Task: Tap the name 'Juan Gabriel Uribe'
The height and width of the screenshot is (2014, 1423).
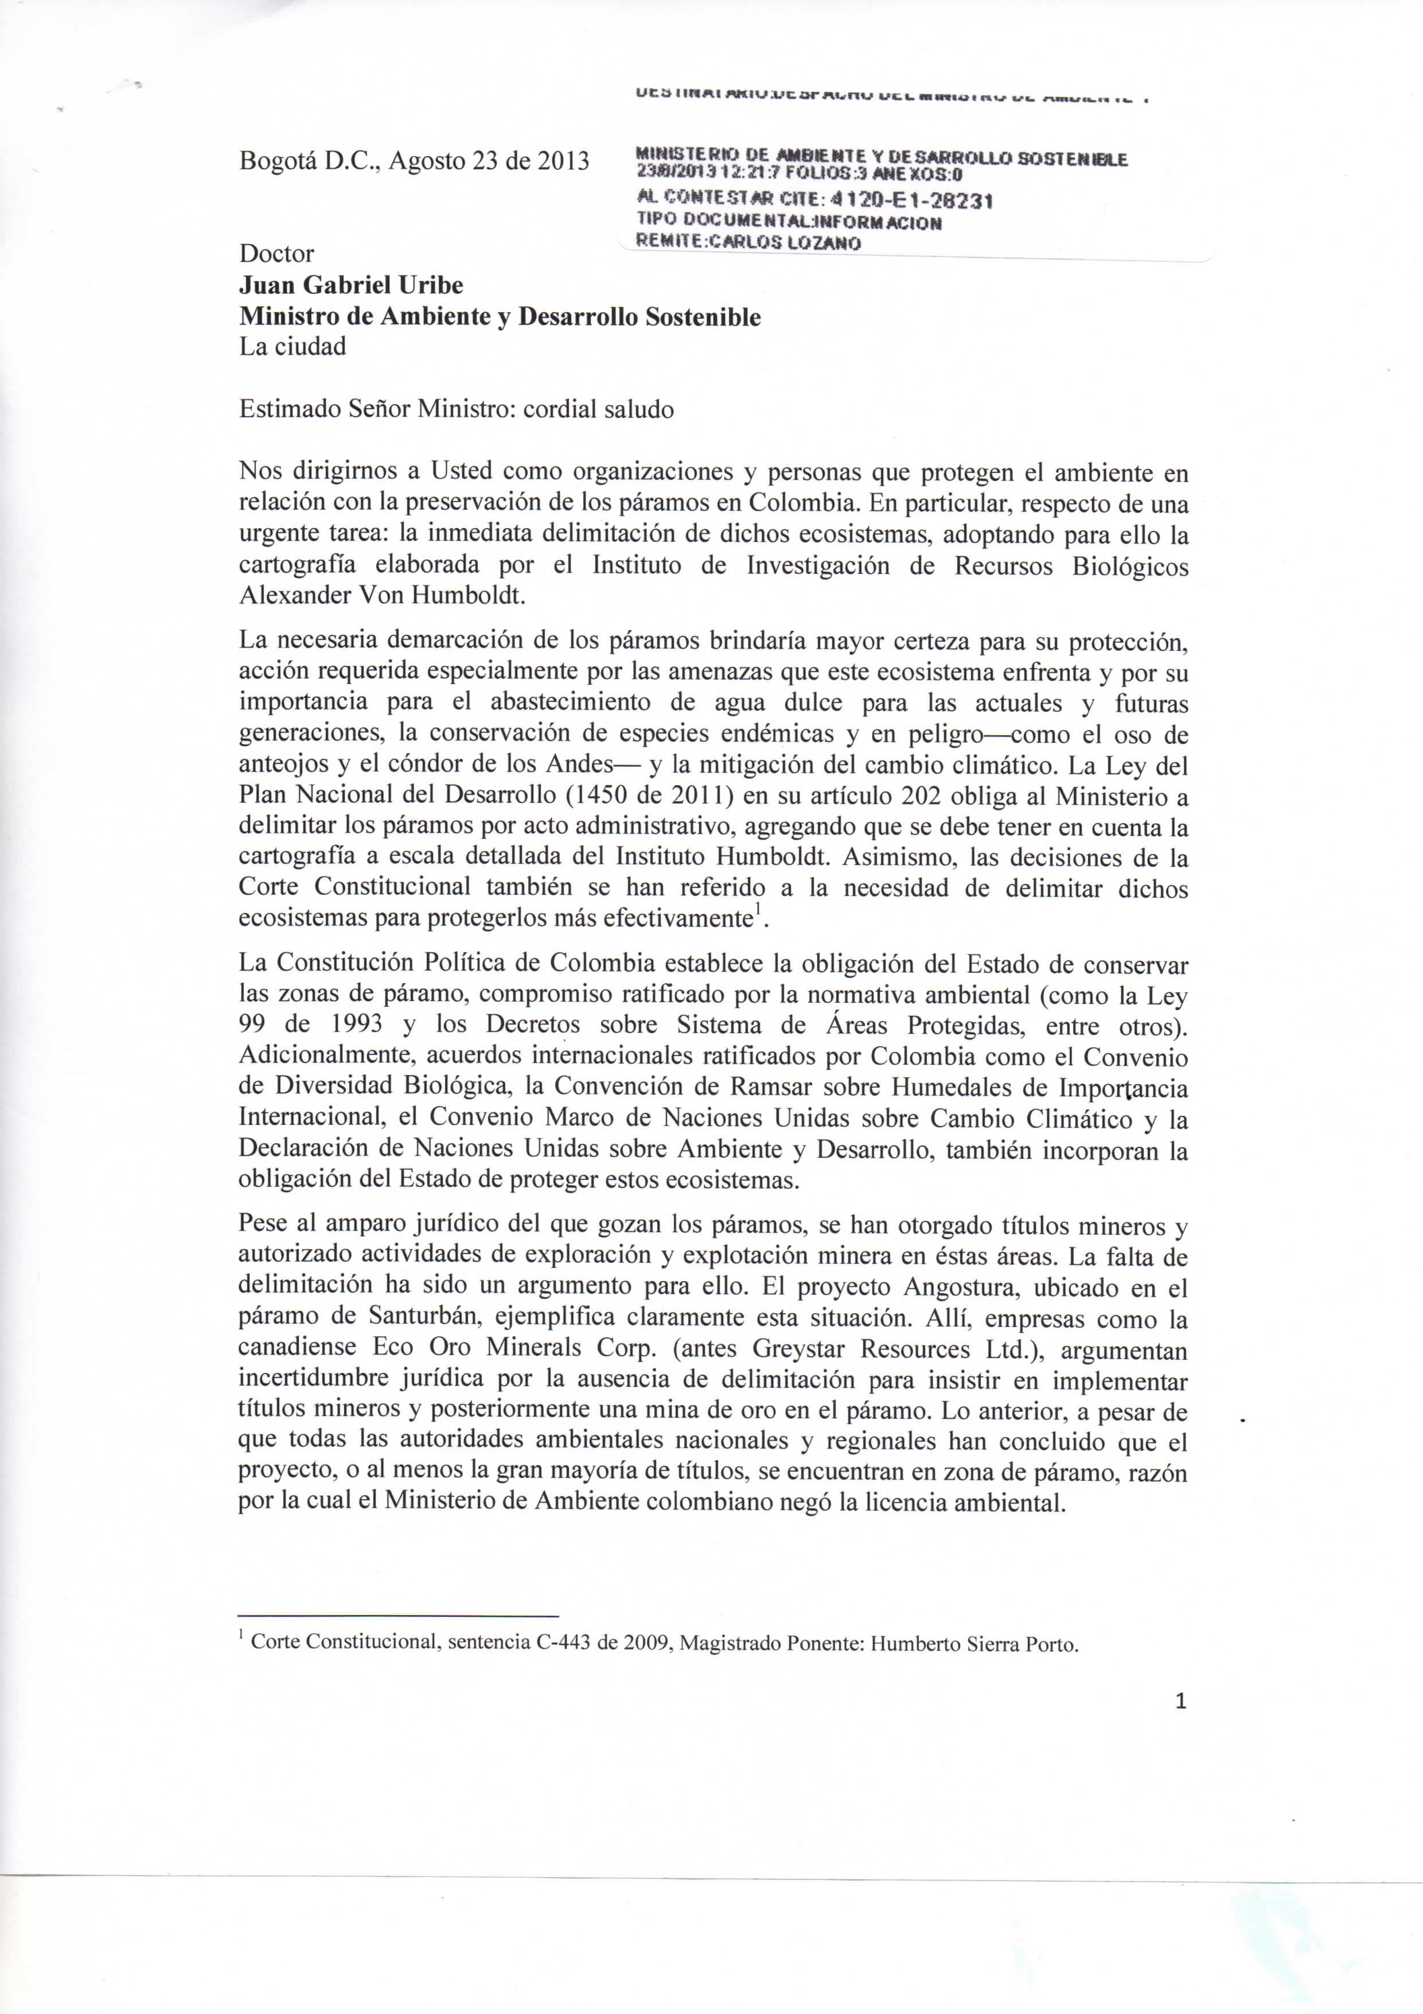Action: pyautogui.click(x=350, y=285)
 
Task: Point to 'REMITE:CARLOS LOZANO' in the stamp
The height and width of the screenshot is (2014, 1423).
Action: pyautogui.click(x=748, y=242)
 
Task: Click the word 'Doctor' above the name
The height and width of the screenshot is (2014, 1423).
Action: pyautogui.click(x=276, y=254)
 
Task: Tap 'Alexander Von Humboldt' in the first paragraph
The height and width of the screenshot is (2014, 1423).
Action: pyautogui.click(x=382, y=596)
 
